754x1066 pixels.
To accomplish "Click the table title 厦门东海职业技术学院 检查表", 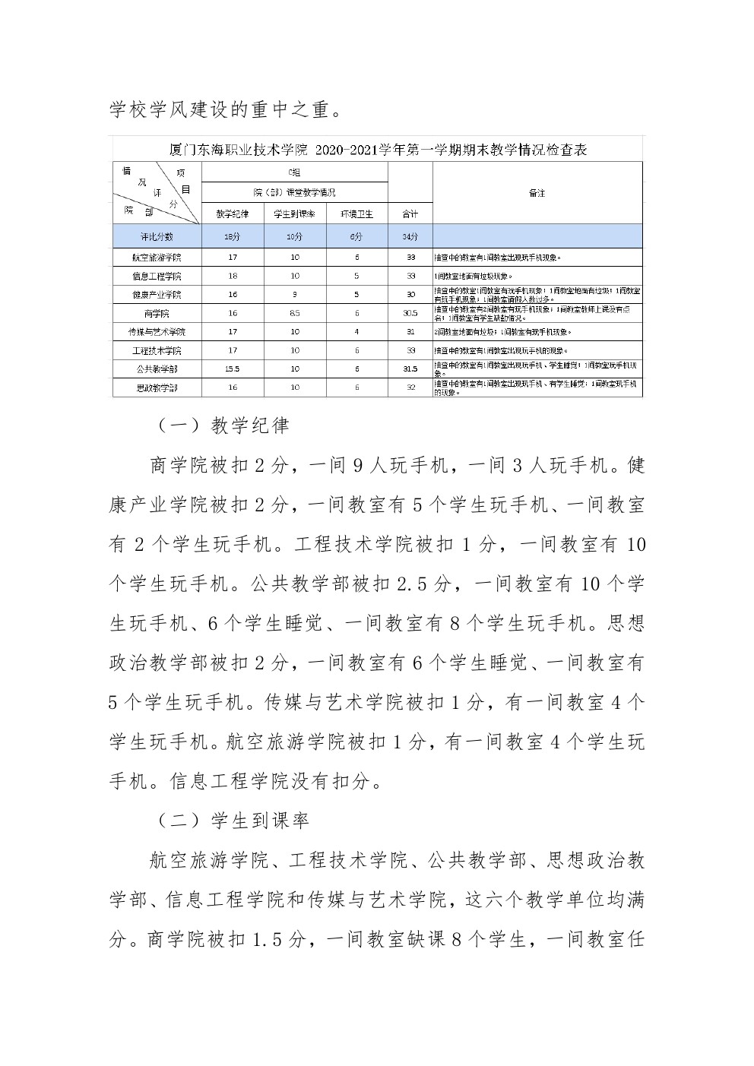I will (x=378, y=150).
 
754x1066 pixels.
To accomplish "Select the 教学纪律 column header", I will (x=233, y=215).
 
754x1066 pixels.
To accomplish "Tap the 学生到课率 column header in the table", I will (x=295, y=215).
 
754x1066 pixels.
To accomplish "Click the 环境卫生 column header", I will (x=356, y=215).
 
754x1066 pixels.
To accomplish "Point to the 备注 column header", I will (x=537, y=193).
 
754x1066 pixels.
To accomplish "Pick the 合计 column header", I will (x=410, y=215).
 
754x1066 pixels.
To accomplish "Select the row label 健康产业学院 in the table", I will (x=157, y=294).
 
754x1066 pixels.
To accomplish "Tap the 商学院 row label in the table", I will (x=157, y=313).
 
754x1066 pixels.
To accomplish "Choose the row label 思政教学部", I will (x=157, y=387).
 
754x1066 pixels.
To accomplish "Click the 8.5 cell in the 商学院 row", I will (x=295, y=313).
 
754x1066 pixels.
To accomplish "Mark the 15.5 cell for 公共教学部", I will (x=233, y=369).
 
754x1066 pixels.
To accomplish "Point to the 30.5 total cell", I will (x=410, y=313).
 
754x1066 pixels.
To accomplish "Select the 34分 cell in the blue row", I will (x=410, y=237).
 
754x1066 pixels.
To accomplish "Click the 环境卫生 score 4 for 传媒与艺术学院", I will (x=356, y=331).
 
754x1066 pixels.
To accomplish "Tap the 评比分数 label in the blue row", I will (x=157, y=237).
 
